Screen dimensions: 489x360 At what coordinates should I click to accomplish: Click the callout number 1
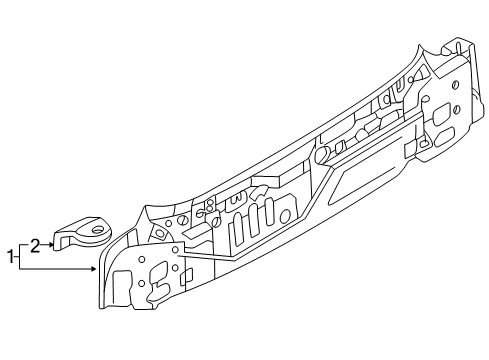[x=11, y=257]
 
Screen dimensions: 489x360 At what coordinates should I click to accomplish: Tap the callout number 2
[x=35, y=246]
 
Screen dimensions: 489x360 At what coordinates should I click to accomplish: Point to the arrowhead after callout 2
[x=51, y=245]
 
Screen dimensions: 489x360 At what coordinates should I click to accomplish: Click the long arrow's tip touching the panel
[x=95, y=268]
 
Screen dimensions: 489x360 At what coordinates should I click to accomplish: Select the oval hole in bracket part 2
[x=98, y=229]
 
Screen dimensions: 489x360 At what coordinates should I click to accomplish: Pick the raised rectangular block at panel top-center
[x=269, y=180]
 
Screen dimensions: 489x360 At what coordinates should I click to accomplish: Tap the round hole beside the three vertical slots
[x=285, y=216]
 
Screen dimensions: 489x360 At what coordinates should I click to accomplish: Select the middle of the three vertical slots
[x=253, y=220]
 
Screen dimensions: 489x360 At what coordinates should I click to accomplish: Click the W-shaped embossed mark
[x=235, y=199]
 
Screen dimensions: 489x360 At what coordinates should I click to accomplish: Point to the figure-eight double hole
[x=210, y=205]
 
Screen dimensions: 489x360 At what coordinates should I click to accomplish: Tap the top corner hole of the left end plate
[x=175, y=250]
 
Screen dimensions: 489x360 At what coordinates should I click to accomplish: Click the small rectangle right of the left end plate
[x=187, y=277]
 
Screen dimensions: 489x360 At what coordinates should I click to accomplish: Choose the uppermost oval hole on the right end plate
[x=455, y=85]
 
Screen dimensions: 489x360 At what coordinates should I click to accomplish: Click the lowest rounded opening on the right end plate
[x=444, y=136]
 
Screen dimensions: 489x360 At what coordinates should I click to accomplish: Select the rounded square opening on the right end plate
[x=441, y=114]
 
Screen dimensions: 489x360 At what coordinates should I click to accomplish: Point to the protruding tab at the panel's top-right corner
[x=454, y=47]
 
